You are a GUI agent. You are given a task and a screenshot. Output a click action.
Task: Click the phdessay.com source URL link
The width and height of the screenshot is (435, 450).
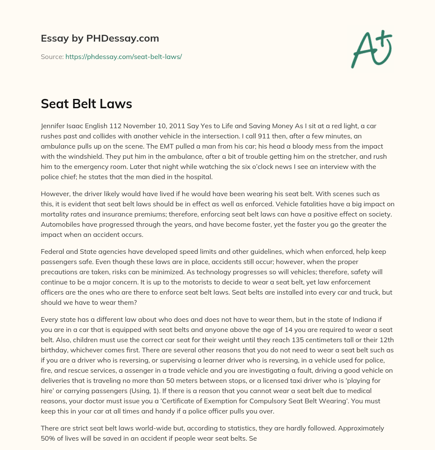(x=124, y=56)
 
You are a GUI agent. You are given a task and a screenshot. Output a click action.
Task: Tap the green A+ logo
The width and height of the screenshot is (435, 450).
(x=371, y=48)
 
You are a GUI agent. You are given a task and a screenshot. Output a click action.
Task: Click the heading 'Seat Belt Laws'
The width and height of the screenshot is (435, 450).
(x=86, y=104)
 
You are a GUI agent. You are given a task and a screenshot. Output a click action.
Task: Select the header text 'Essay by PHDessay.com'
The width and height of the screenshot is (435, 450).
(x=100, y=39)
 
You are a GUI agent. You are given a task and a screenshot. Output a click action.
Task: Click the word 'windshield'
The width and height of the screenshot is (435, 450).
(x=79, y=157)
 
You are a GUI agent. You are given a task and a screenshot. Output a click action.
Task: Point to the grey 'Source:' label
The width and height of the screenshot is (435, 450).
(x=52, y=56)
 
